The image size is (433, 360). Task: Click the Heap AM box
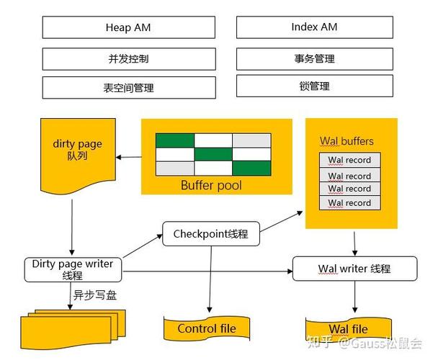point(128,27)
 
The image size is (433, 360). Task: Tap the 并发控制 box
point(128,58)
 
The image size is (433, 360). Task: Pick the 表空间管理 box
point(128,88)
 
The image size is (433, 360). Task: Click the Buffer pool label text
point(210,185)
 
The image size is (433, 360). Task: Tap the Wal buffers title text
point(347,141)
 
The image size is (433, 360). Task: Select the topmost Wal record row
point(349,160)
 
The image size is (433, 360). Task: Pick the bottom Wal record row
point(349,203)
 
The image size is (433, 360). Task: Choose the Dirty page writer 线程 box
point(73,269)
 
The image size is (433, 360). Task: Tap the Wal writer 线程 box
point(354,269)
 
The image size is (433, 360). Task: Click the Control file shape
point(207,329)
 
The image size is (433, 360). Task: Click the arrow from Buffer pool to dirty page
point(129,156)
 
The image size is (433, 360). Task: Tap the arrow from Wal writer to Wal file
point(354,296)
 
